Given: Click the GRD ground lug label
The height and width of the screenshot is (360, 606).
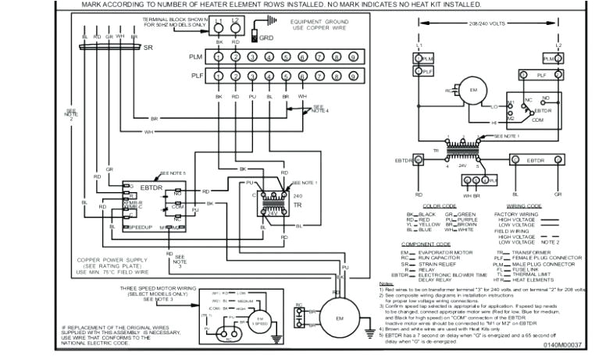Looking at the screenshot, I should pyautogui.click(x=266, y=37).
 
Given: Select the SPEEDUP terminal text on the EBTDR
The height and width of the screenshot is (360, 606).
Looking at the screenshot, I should pyautogui.click(x=141, y=226).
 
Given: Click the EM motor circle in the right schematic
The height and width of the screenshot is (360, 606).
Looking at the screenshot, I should pyautogui.click(x=470, y=90).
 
